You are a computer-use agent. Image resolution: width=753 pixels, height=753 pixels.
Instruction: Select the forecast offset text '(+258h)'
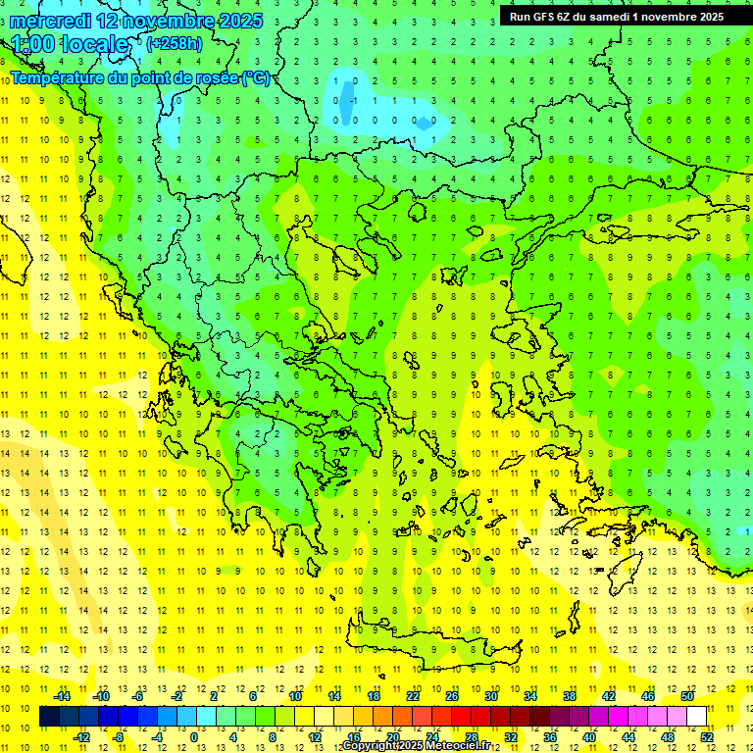175,44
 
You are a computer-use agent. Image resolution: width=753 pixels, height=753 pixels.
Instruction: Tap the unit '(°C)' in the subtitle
256,77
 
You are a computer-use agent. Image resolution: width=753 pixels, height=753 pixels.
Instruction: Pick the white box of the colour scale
697,717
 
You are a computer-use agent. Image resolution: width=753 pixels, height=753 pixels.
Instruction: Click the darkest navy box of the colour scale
50,717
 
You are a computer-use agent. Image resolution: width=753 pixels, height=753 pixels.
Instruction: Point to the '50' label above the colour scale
687,696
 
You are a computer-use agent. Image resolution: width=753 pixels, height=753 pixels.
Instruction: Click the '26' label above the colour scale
452,696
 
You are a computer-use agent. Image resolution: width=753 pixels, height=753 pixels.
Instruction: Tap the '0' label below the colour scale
194,737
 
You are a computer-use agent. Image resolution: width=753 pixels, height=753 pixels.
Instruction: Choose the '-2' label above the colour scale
177,696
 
